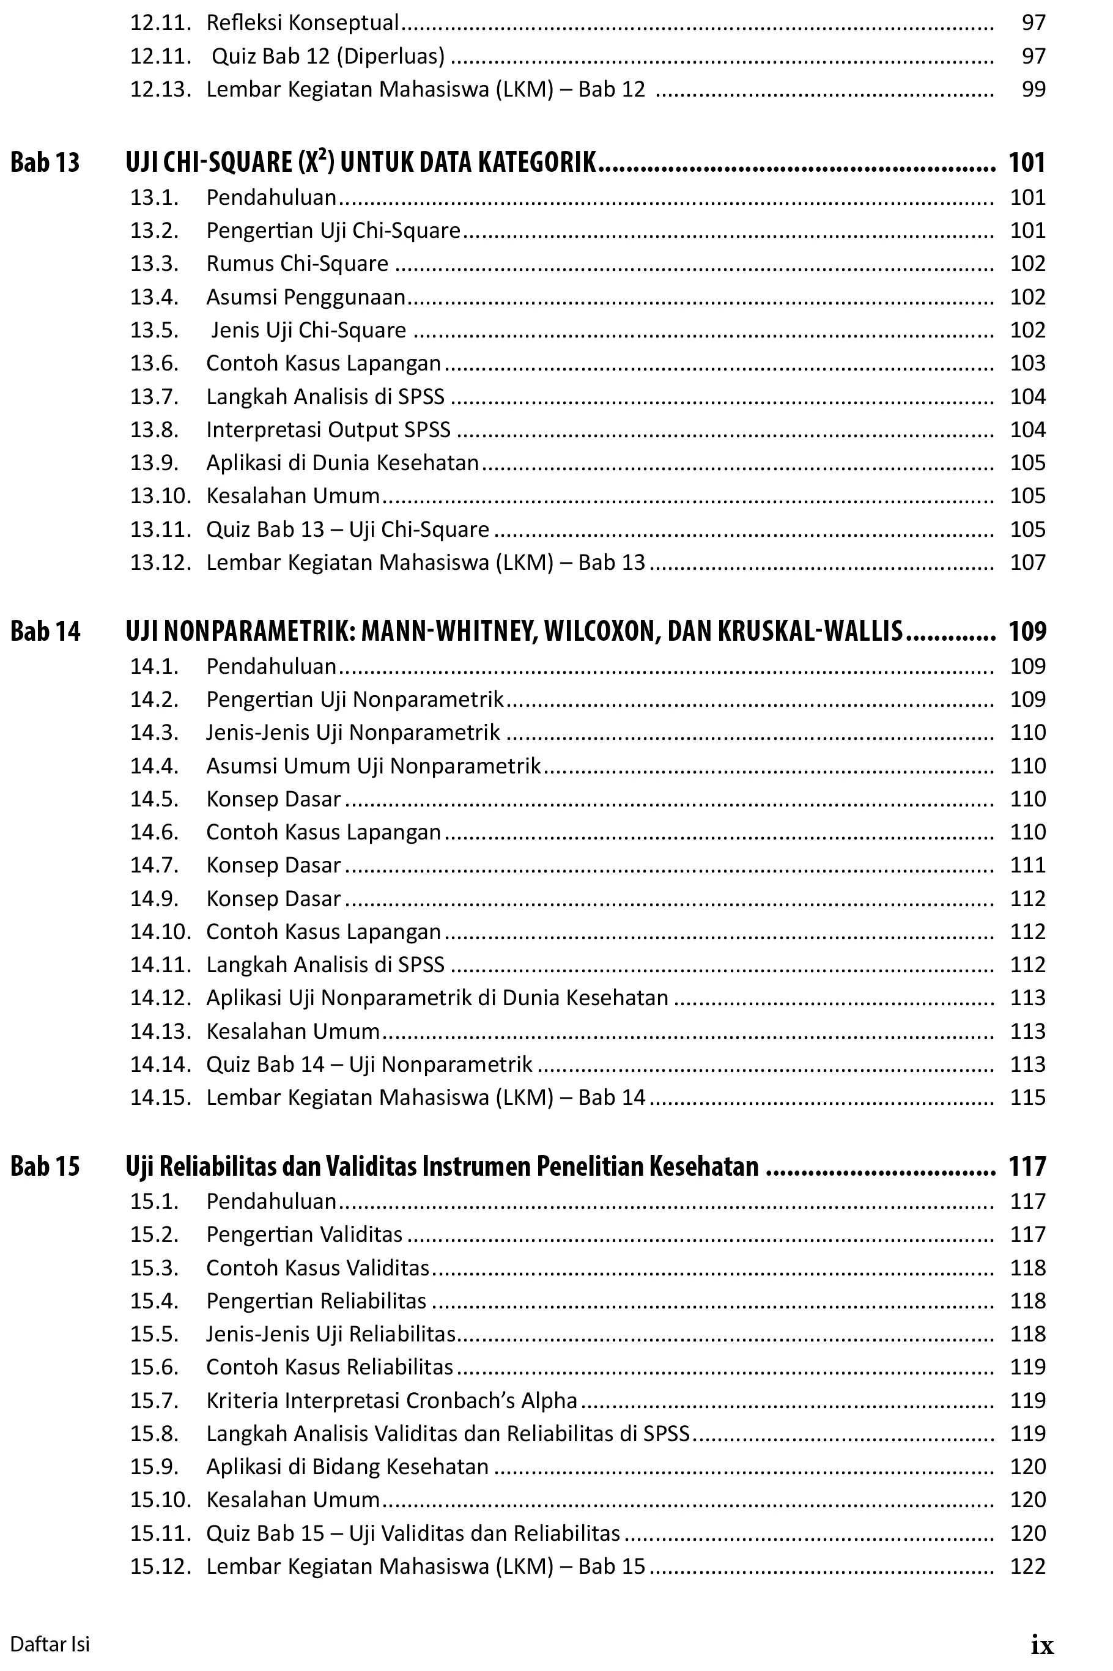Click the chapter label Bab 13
(45, 163)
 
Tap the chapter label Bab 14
(45, 631)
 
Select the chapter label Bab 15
(45, 1166)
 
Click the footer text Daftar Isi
(50, 1644)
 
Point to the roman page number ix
(1041, 1645)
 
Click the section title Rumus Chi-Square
(297, 264)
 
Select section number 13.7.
(153, 396)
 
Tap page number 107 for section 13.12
(1027, 562)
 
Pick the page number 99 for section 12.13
(1033, 89)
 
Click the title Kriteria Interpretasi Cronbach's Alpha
(391, 1400)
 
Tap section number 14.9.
(153, 898)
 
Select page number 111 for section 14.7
(1027, 865)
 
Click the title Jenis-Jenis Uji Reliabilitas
(330, 1333)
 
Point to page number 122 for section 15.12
(1027, 1566)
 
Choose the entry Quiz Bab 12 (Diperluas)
(328, 56)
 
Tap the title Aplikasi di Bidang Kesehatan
(347, 1466)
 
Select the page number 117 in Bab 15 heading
(1026, 1166)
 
